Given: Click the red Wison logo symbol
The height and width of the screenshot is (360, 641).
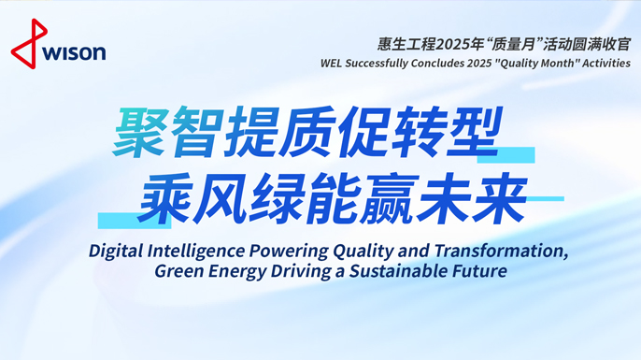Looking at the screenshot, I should (25, 44).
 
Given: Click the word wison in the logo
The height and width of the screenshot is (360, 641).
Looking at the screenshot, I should (73, 52).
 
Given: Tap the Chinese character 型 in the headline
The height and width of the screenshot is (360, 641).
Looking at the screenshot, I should (491, 134).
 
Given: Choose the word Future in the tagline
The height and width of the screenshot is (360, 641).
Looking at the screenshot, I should (482, 271).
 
